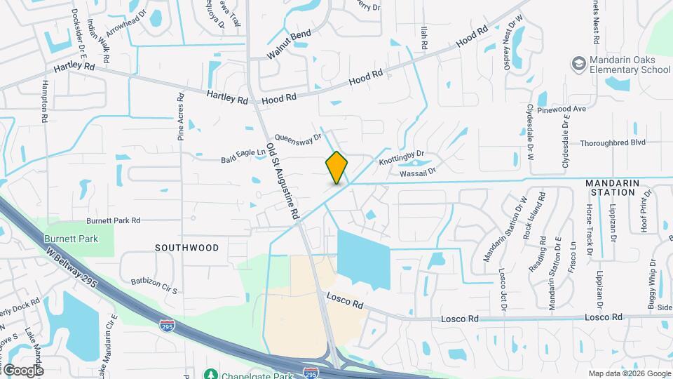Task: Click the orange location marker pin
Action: coord(336,167)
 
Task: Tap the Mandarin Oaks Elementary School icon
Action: coord(579,65)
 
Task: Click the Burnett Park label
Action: coord(72,239)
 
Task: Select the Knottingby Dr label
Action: coord(402,157)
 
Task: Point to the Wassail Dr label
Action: coord(418,171)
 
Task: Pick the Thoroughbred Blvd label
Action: coord(612,142)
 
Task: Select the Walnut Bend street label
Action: coord(288,45)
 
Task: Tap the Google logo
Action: coord(22,370)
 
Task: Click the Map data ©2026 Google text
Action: coord(629,373)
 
